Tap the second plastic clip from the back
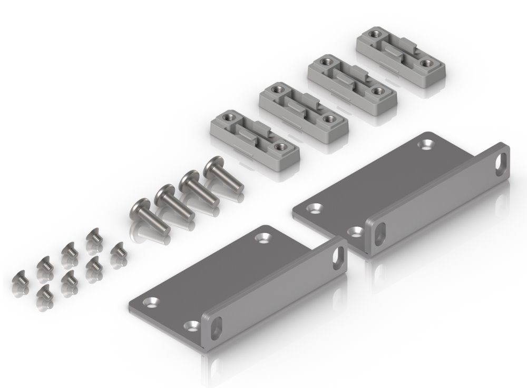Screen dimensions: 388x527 point(352,81)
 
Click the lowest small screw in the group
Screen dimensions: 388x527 point(44,294)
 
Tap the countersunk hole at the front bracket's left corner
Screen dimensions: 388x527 point(153,303)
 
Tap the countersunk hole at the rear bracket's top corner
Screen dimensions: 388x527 point(426,143)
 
